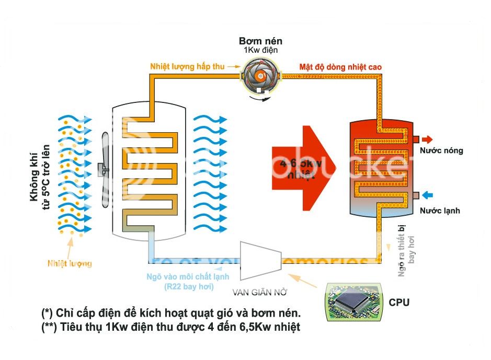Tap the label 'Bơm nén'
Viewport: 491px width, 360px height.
260,41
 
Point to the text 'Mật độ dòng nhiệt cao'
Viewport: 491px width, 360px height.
340,67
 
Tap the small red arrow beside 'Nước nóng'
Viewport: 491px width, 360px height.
427,140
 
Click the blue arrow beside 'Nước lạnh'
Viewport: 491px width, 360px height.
427,195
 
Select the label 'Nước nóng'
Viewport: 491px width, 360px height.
441,151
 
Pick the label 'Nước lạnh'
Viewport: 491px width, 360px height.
440,211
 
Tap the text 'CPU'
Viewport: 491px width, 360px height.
399,303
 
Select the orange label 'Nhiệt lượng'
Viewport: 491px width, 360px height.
70,263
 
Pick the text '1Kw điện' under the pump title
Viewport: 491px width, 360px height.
260,50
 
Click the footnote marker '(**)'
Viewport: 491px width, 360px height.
50,328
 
